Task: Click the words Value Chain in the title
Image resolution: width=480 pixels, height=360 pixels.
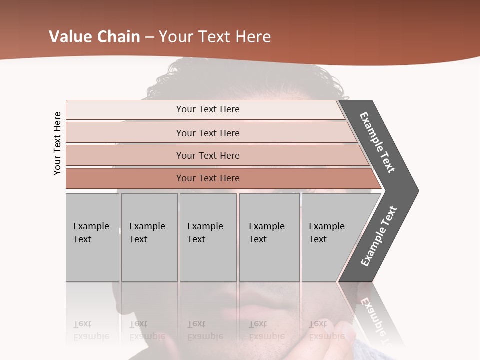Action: [94, 37]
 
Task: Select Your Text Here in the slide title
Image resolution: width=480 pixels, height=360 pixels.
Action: [215, 37]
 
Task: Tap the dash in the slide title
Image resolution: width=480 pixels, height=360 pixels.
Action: [149, 37]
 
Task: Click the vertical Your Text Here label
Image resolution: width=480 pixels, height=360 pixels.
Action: [57, 143]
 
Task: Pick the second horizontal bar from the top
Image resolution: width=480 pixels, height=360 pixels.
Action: [208, 133]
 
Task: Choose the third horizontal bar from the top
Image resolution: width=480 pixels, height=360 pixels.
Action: [208, 155]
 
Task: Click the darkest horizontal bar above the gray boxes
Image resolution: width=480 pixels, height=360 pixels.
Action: [208, 178]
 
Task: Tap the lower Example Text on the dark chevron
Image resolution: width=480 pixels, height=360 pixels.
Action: [379, 236]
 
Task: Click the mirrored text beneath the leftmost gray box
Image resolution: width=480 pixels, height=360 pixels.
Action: [91, 330]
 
